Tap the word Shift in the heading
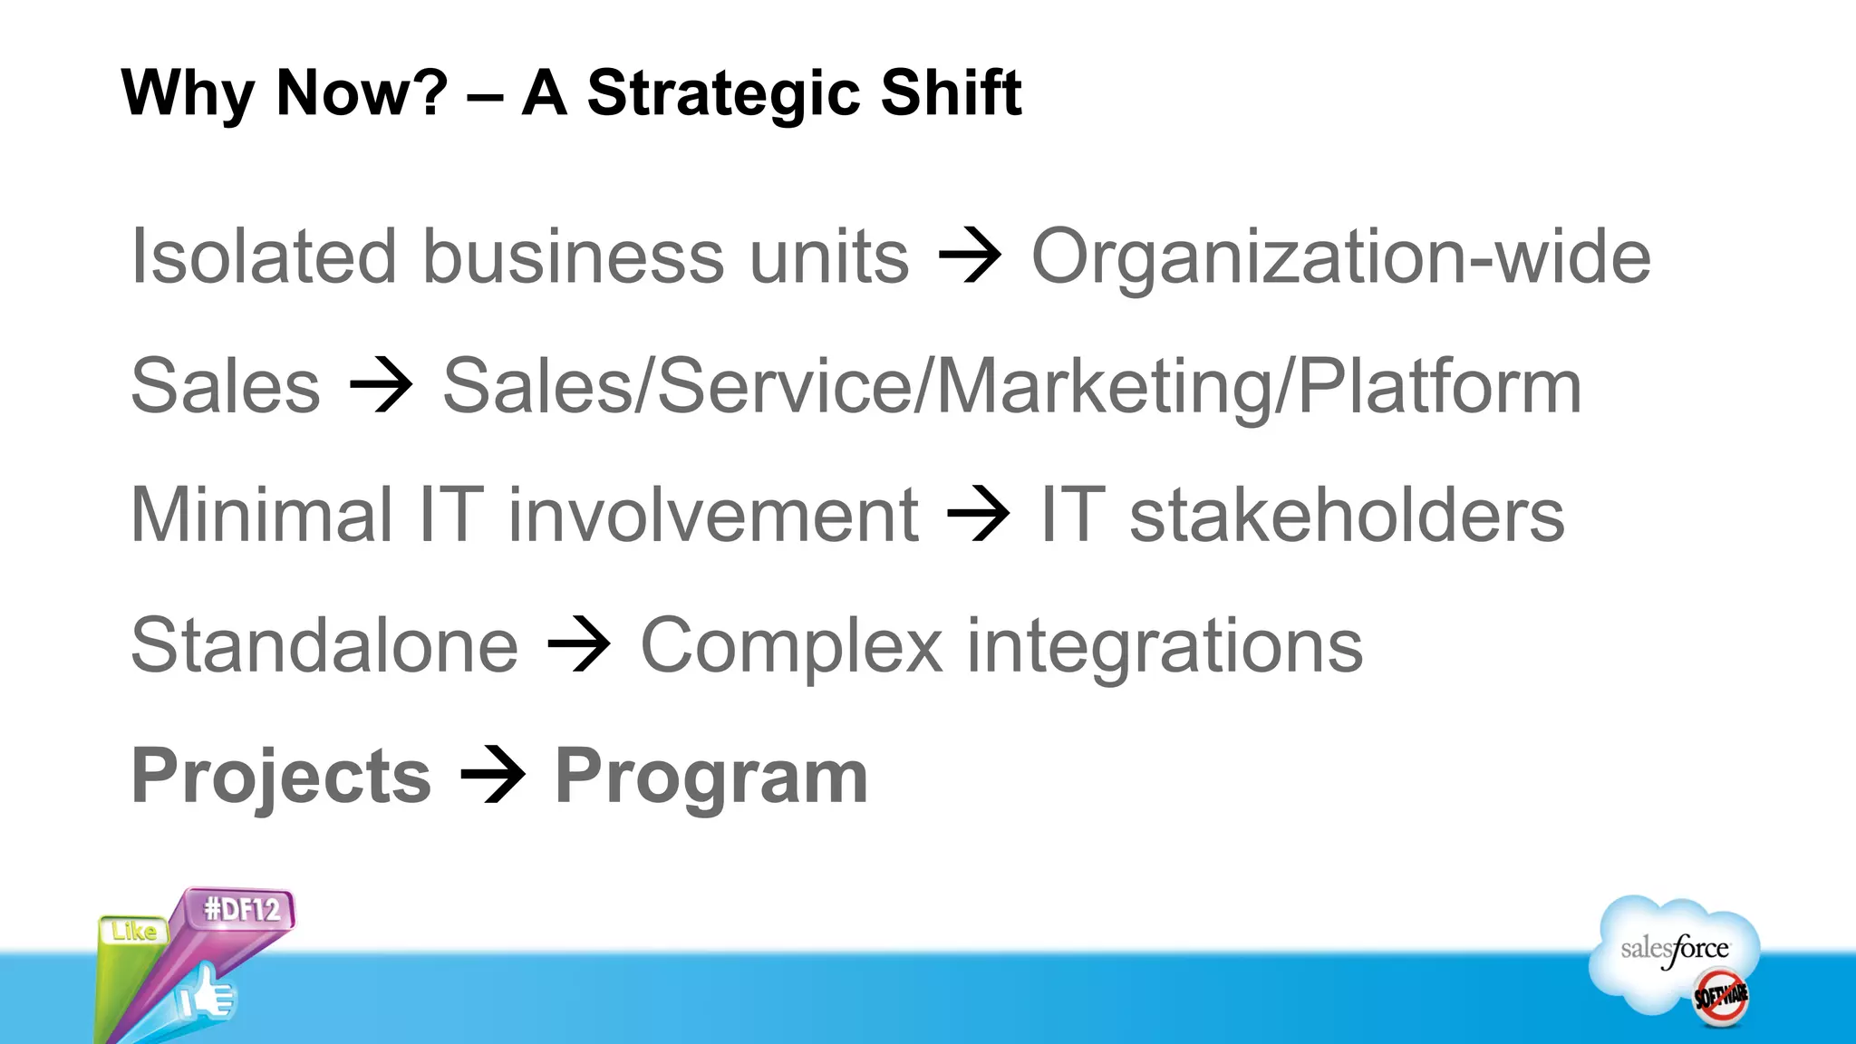pos(951,93)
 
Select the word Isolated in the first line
pos(264,256)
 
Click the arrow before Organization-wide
pos(970,256)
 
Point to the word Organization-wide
pos(1340,256)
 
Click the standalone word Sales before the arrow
pos(226,386)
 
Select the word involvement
pos(713,515)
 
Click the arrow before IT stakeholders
pos(978,515)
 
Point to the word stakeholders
pos(1347,515)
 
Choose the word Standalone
pos(324,645)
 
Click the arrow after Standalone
pos(579,645)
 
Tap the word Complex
pos(791,645)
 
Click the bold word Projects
pos(281,776)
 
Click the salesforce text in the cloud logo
pos(1674,949)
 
